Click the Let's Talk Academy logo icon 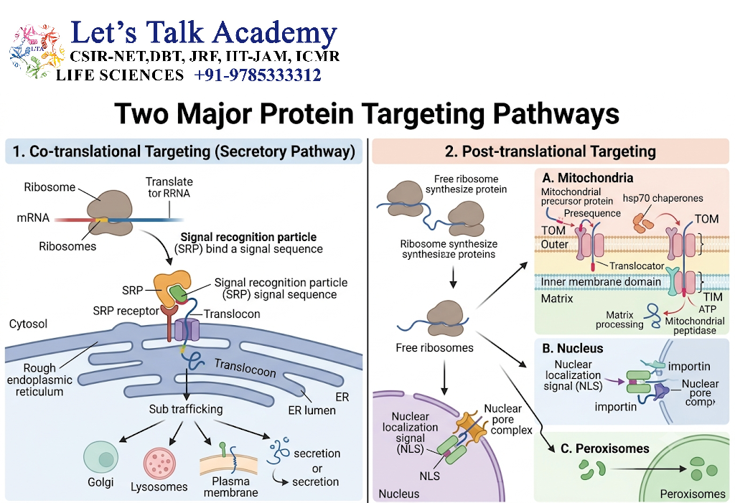click(37, 52)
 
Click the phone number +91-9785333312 click(258, 75)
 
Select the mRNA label click(33, 217)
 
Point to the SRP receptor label click(126, 311)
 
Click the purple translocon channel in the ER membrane click(187, 330)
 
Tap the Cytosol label click(28, 324)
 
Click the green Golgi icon click(100, 458)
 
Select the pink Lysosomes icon click(159, 463)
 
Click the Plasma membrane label click(230, 487)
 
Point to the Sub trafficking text click(186, 409)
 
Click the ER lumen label click(312, 410)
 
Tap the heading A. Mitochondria click(587, 178)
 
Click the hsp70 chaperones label click(663, 198)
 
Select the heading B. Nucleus click(572, 348)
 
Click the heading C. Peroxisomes click(604, 448)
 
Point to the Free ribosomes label click(434, 348)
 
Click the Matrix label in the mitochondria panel click(557, 298)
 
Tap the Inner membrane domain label click(601, 282)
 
